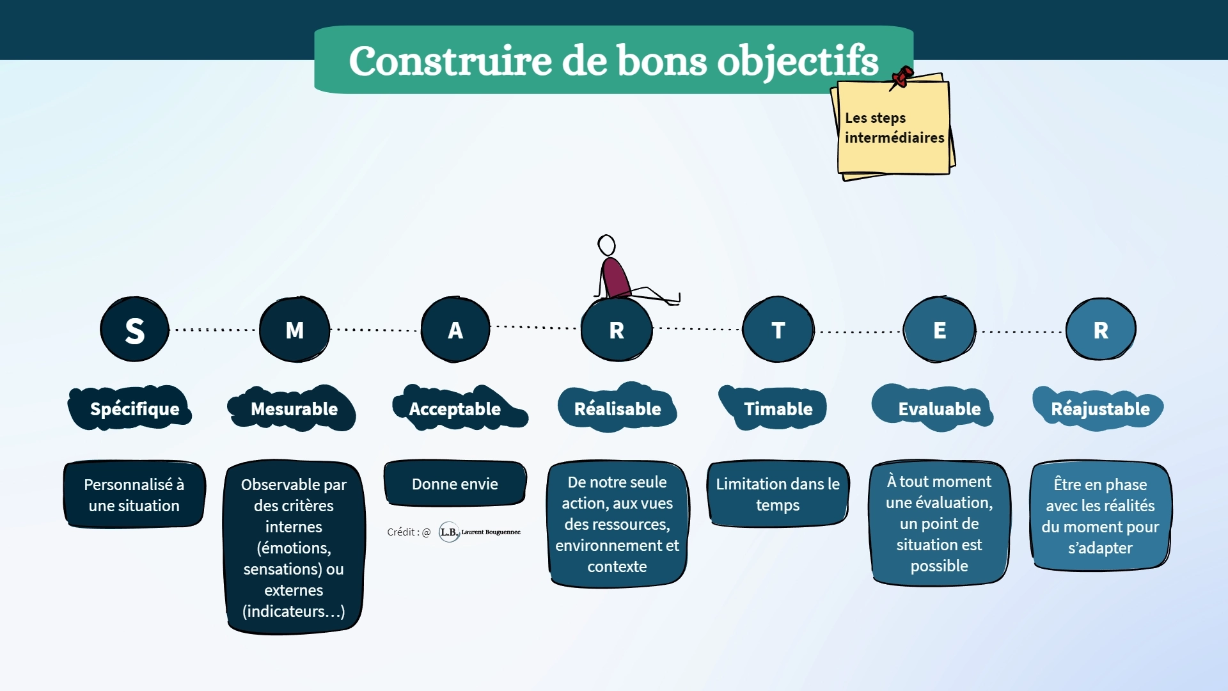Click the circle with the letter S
coord(134,330)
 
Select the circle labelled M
coord(294,330)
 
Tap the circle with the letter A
coord(455,330)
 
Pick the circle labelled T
coord(778,330)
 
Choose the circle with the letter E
coord(940,330)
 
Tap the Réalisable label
coord(617,408)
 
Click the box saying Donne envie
coord(455,483)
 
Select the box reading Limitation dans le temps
coord(778,493)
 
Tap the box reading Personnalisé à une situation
coord(134,494)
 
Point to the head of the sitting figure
coord(606,245)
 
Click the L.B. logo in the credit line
coord(449,532)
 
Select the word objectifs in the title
coord(798,61)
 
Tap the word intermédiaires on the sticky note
coord(894,138)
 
